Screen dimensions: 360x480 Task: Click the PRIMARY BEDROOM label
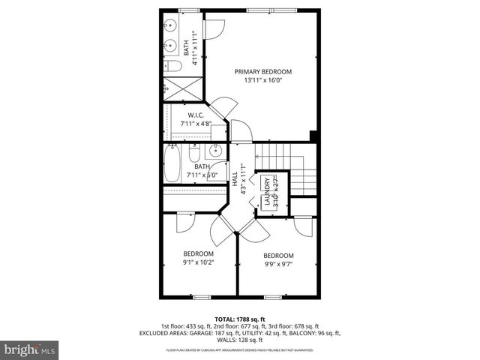[x=262, y=72]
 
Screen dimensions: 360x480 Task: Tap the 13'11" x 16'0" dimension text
[x=262, y=82]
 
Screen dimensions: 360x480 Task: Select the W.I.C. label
[x=196, y=115]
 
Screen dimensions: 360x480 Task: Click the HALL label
[x=235, y=180]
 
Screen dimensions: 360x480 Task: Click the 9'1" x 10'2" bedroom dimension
[x=198, y=263]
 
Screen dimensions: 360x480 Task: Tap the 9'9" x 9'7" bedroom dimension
[x=278, y=264]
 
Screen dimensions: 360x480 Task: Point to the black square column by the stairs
[x=313, y=136]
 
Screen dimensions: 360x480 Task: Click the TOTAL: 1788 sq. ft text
[x=239, y=319]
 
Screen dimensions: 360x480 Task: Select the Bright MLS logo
[x=29, y=349]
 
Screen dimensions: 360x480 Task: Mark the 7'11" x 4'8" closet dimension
[x=196, y=124]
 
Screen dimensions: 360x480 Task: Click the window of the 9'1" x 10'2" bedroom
[x=200, y=297]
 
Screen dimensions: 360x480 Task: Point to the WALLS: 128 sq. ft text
[x=239, y=340]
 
